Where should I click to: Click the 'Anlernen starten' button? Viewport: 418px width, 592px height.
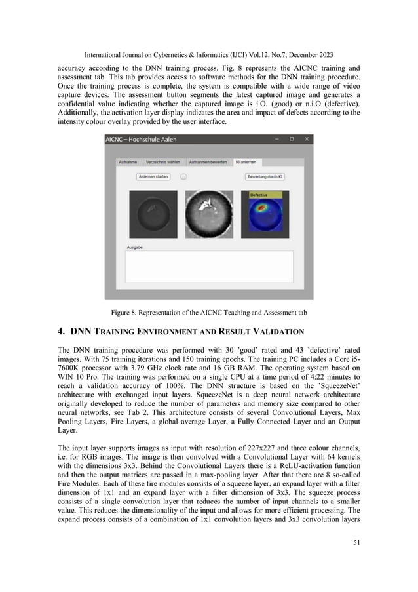click(153, 176)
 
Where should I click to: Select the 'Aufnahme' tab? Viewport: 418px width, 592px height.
click(127, 161)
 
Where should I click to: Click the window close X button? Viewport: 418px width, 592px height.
click(305, 139)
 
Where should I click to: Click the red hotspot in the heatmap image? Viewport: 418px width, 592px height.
click(262, 209)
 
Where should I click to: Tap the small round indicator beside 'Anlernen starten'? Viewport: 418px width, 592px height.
click(184, 176)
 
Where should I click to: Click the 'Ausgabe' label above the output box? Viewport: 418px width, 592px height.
click(135, 247)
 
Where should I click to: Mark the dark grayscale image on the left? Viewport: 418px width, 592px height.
click(153, 214)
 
